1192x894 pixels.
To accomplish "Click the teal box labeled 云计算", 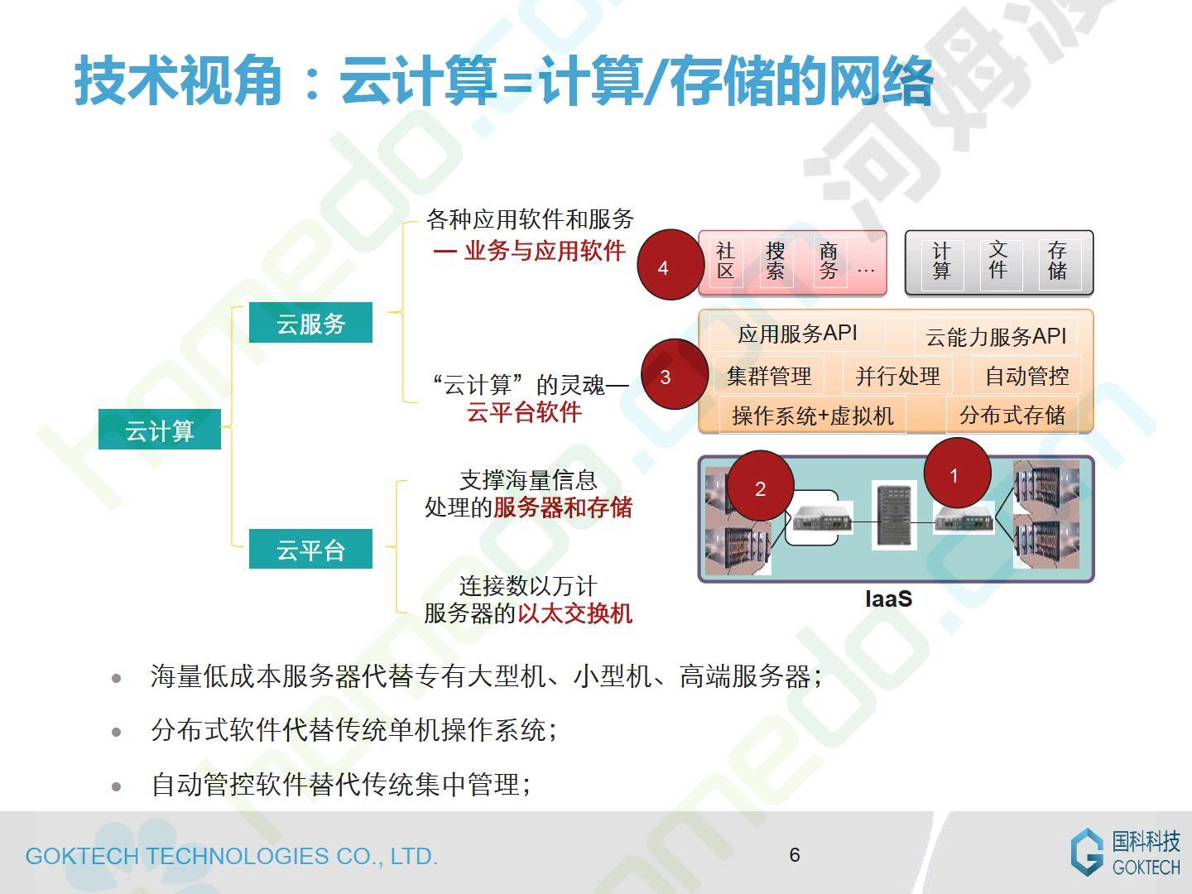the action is pos(160,429).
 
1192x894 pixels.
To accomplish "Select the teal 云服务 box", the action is pos(310,323).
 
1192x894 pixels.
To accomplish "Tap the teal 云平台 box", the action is pos(310,549).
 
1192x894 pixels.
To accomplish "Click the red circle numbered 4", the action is pos(670,264).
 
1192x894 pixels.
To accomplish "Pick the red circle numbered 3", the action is pos(675,373).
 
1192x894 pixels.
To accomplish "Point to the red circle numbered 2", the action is pos(760,485).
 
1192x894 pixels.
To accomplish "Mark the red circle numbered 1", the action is pos(958,472).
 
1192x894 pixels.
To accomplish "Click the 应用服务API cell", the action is pos(797,333).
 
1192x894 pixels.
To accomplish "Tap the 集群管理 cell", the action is pos(769,376).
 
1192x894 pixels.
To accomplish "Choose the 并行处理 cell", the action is pos(897,376).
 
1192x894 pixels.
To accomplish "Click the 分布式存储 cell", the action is pos(1012,416).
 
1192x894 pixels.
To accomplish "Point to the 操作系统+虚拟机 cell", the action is pos(812,416).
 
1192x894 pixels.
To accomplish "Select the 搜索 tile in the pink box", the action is pos(775,262).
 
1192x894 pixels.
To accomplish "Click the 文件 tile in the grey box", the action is pos(998,260).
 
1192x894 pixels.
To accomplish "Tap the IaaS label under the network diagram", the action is pos(888,598).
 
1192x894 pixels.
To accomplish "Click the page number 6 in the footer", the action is pos(795,854).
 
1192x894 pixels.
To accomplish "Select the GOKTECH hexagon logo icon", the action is pos(1087,852).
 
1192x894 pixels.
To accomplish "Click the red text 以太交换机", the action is pos(575,613).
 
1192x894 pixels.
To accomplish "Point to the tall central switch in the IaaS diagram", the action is pos(894,515).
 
